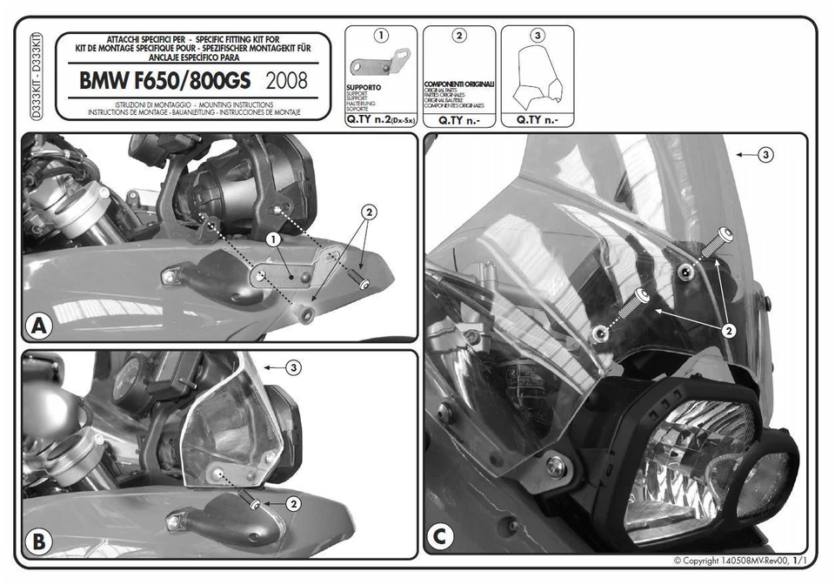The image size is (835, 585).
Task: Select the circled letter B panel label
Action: coord(37,542)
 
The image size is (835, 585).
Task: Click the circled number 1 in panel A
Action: coord(272,239)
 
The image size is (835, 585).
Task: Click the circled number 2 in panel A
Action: coord(368,212)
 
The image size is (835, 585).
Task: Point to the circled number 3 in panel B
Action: coord(294,368)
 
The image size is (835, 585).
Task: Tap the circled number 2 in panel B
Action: coord(294,503)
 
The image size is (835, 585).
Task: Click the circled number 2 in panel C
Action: coord(729,331)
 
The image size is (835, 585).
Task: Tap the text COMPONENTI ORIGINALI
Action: coord(458,84)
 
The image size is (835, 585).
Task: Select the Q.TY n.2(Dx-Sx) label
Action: coord(381,121)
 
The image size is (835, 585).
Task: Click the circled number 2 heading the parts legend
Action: coord(459,36)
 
